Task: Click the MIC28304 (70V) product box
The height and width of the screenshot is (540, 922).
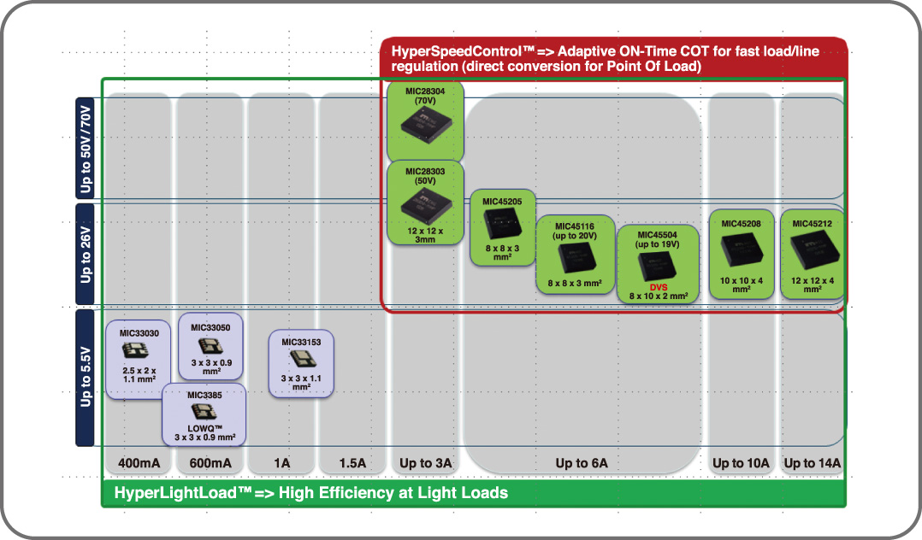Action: click(425, 120)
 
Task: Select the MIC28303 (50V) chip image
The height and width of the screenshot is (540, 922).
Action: click(425, 208)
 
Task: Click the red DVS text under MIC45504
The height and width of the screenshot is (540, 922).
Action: click(659, 287)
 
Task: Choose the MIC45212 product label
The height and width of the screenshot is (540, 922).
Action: click(813, 224)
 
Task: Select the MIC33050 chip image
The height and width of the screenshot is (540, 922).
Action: click(210, 346)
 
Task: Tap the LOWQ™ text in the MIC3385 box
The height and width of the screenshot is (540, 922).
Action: click(204, 427)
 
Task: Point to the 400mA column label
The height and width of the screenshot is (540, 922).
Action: click(139, 463)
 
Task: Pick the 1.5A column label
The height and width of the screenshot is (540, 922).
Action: click(352, 463)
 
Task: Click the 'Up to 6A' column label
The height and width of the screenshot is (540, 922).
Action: click(582, 463)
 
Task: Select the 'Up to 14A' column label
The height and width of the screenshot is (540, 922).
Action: click(813, 463)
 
